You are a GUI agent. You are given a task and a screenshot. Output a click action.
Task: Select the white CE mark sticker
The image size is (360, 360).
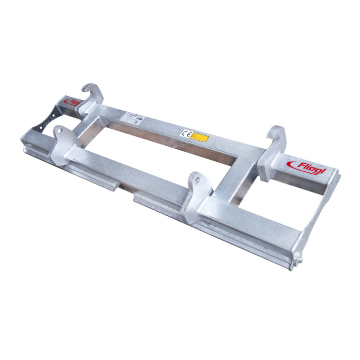pos(186,133)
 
